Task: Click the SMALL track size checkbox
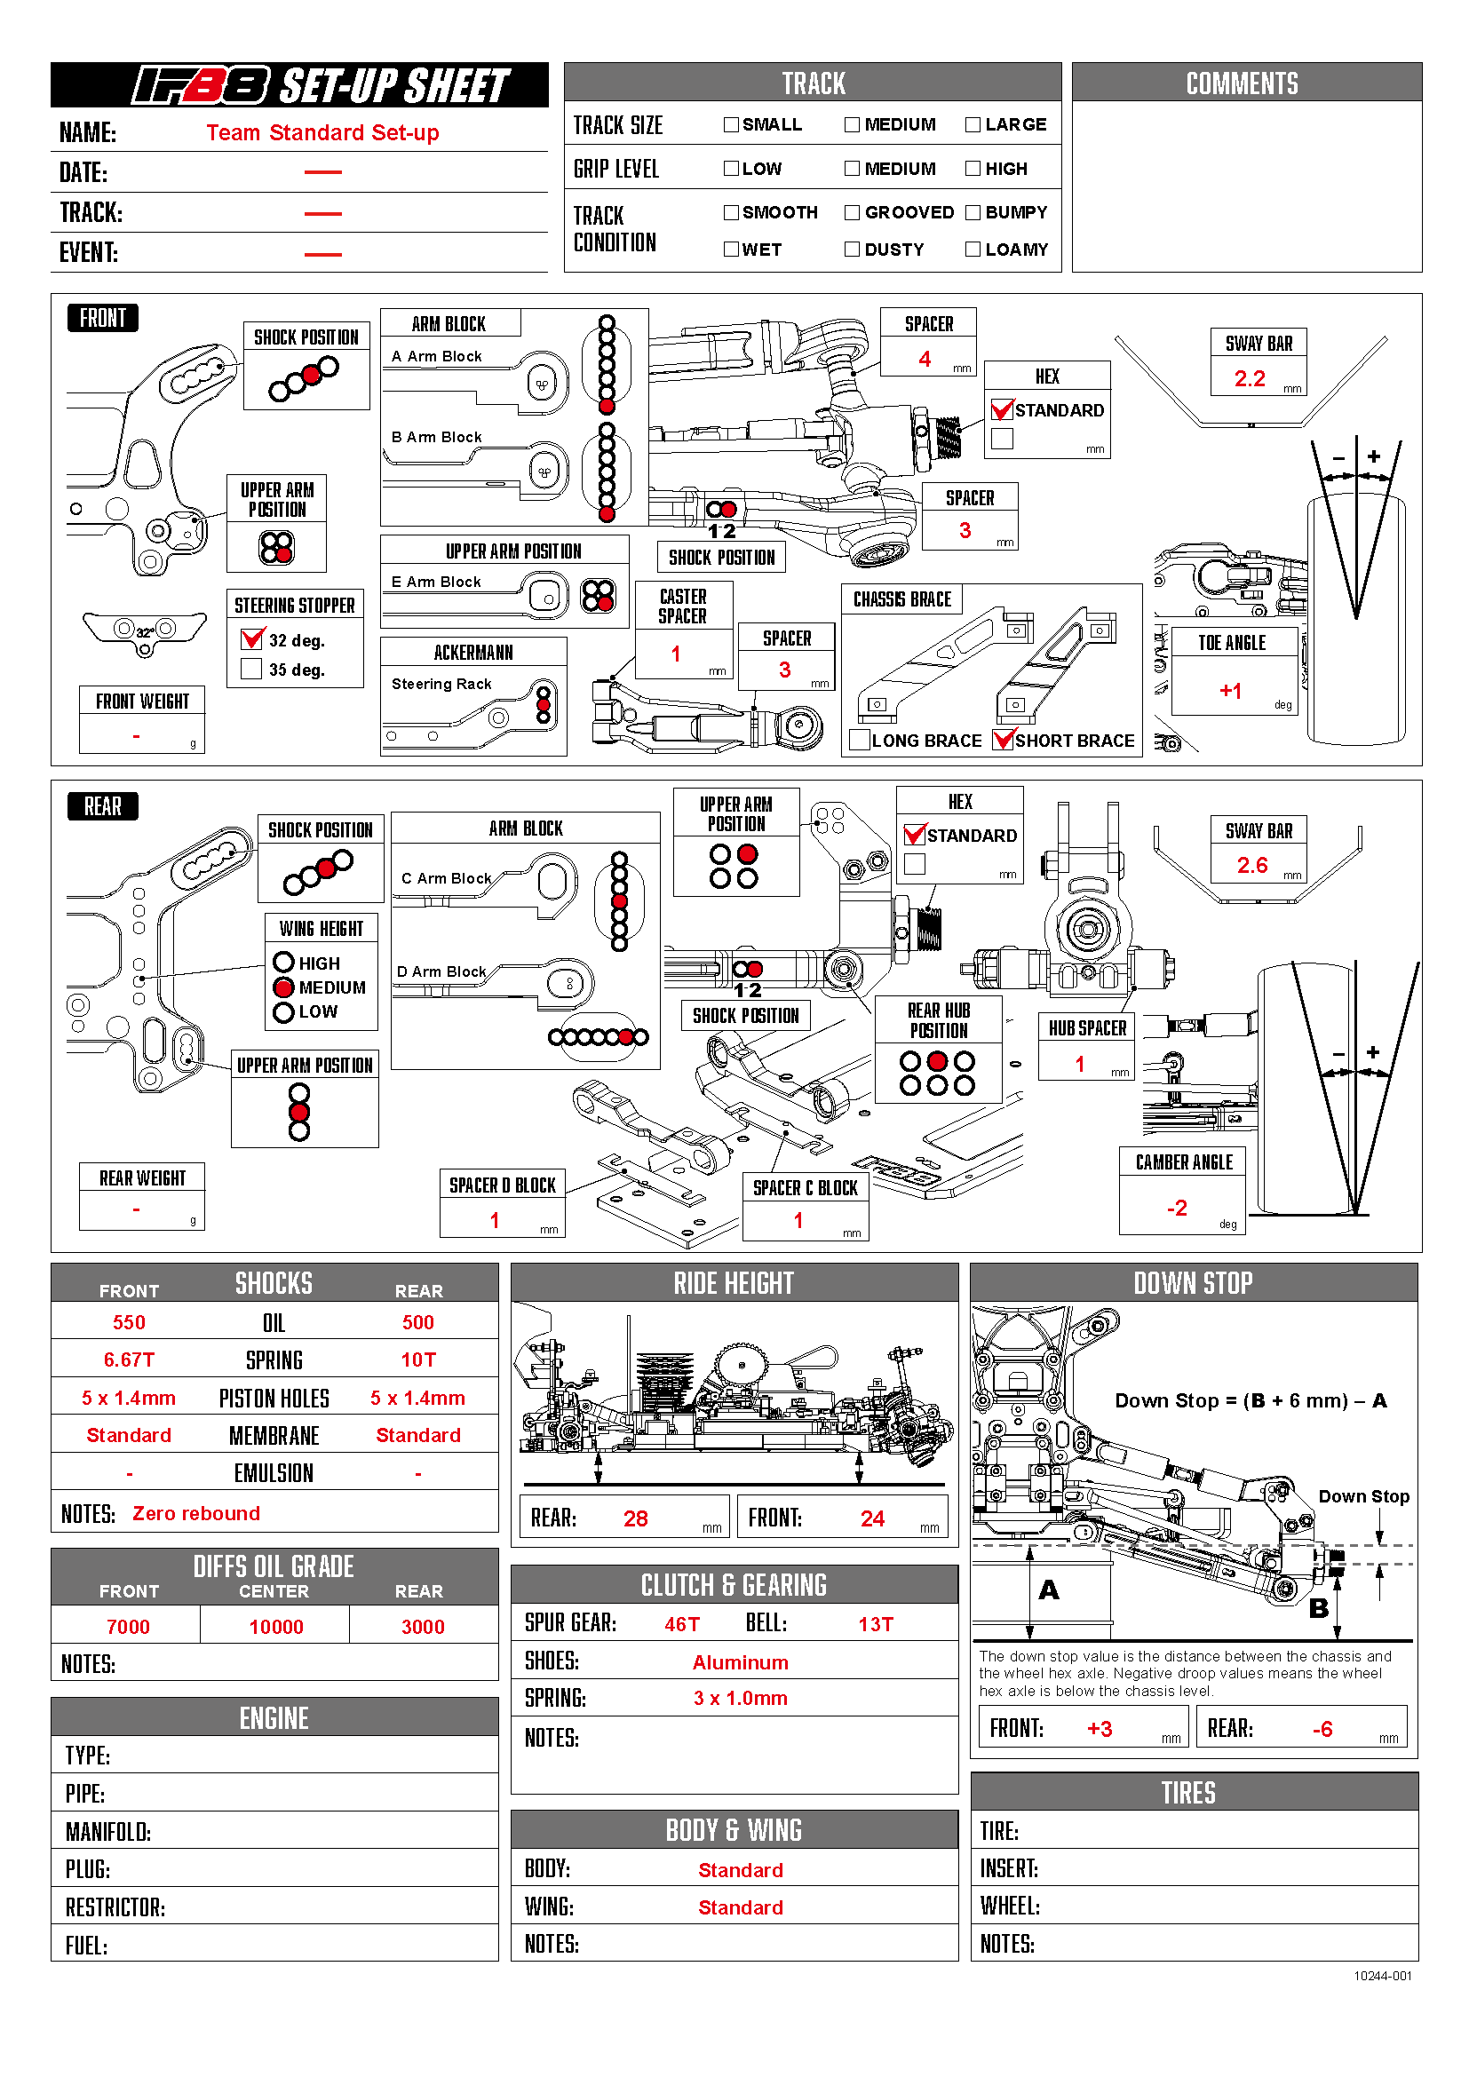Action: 731,125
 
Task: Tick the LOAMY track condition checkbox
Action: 973,250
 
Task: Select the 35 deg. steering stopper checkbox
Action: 251,670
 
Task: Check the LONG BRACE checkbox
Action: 861,741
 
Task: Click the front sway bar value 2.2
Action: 1250,379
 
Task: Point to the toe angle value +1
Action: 1230,691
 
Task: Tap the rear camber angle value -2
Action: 1176,1209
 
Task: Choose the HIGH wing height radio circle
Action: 284,963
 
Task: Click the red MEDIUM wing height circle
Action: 284,987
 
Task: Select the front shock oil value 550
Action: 129,1322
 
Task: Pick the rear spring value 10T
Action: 418,1360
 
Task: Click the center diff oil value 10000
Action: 276,1628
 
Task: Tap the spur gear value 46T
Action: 682,1625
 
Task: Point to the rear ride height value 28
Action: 635,1518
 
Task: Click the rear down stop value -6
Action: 1322,1730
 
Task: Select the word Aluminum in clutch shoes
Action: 740,1662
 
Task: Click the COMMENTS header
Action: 1241,84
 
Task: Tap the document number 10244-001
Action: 1382,1977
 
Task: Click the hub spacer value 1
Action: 1079,1065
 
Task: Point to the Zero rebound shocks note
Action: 196,1514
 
